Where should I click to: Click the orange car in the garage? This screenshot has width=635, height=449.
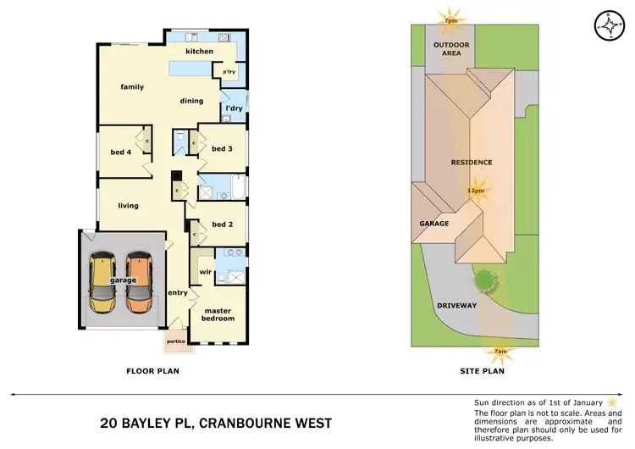tap(140, 282)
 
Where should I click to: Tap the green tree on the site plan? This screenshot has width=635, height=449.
tap(484, 279)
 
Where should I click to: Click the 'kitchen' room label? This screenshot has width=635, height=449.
tap(200, 52)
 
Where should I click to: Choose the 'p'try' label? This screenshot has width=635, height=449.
tap(229, 73)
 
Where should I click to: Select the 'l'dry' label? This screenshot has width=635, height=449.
tap(234, 108)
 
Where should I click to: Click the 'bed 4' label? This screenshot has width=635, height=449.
tap(121, 152)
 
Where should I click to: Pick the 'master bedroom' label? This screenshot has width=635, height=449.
tap(218, 315)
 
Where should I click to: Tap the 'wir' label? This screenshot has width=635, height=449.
tap(204, 272)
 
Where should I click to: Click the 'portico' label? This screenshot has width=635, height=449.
tap(176, 342)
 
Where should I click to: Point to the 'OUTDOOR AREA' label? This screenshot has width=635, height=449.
tap(451, 47)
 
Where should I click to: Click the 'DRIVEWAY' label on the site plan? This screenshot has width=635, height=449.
tap(457, 305)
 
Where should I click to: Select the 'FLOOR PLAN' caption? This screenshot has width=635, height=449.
tap(152, 370)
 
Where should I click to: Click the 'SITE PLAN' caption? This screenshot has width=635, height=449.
tap(482, 370)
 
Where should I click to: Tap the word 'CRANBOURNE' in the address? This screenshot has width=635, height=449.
tap(254, 423)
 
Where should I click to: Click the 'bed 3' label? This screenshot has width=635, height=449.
tap(222, 148)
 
